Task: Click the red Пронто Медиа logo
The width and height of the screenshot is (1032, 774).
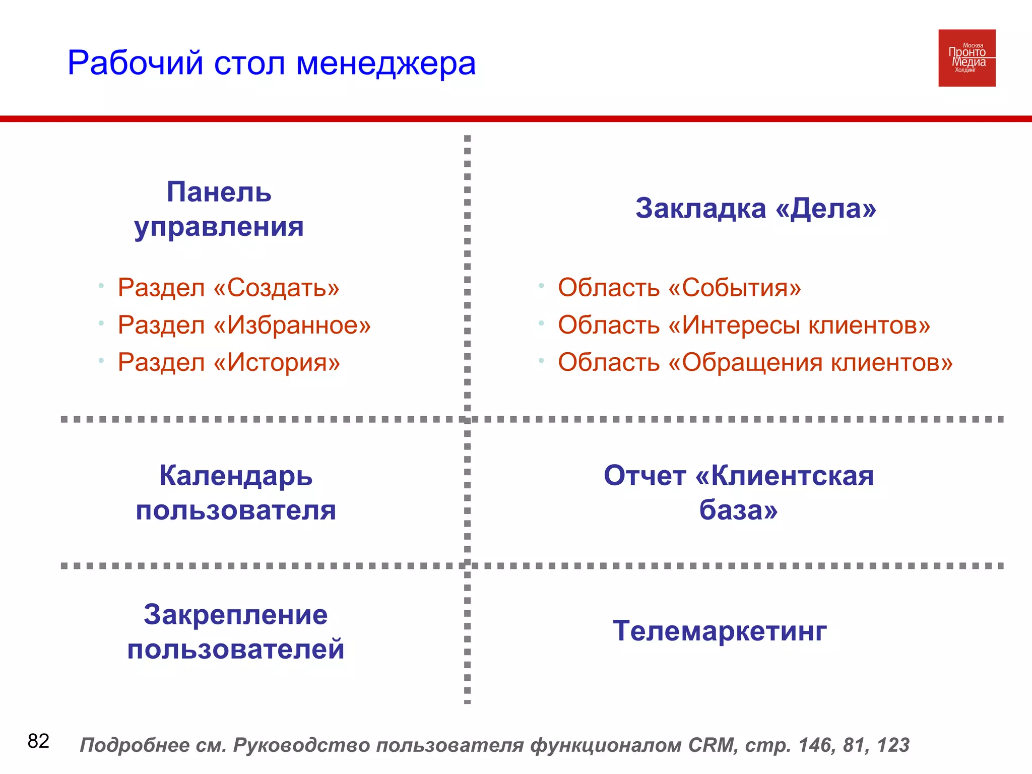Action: [x=966, y=58]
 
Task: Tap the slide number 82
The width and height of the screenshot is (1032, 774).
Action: [x=38, y=741]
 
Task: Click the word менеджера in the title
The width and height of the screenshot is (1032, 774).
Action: [x=385, y=64]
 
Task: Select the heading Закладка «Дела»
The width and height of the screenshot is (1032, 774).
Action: [x=755, y=208]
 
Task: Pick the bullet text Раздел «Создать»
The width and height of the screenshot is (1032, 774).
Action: [x=228, y=288]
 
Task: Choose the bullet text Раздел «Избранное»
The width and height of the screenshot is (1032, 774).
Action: [x=244, y=325]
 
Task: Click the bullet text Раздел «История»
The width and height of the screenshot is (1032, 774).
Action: [x=229, y=362]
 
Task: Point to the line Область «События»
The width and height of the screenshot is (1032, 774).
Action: [x=679, y=288]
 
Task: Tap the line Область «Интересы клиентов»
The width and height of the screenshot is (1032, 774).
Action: [x=744, y=325]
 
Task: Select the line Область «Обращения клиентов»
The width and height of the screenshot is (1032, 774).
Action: [x=755, y=362]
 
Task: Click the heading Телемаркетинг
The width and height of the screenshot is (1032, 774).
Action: [x=720, y=631]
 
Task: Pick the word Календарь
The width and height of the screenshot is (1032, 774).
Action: [x=236, y=476]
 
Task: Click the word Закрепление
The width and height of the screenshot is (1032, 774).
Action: [x=236, y=615]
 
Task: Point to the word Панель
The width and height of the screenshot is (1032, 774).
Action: [x=219, y=192]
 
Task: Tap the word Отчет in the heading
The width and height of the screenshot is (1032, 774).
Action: [x=644, y=476]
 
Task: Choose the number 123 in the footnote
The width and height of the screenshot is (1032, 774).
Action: [x=893, y=745]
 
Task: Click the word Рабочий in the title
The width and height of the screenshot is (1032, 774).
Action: [x=136, y=64]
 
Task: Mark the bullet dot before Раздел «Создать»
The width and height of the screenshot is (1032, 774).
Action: [x=101, y=286]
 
